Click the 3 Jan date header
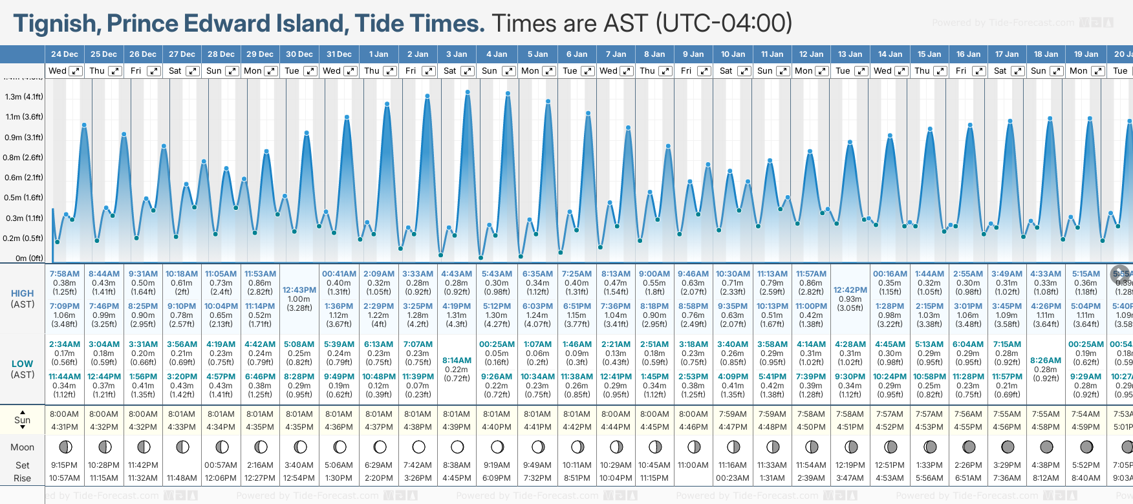(x=457, y=54)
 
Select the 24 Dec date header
(x=65, y=54)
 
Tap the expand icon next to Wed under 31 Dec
(x=350, y=71)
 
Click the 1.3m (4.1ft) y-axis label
(x=24, y=97)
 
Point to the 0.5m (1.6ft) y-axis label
(x=24, y=198)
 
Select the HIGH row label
(x=23, y=293)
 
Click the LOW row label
(x=23, y=364)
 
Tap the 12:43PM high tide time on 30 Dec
(x=299, y=290)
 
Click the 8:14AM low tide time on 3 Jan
(x=457, y=361)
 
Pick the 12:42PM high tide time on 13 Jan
(x=850, y=290)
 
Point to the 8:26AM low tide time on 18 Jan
(x=1046, y=361)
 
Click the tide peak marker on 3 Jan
(x=468, y=92)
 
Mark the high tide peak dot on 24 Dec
(x=84, y=125)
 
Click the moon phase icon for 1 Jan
(x=380, y=447)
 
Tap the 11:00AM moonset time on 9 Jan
(x=693, y=465)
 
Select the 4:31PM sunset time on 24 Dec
(x=65, y=427)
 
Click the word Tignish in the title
(x=56, y=24)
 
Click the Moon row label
(x=23, y=447)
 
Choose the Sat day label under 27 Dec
(x=175, y=71)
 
